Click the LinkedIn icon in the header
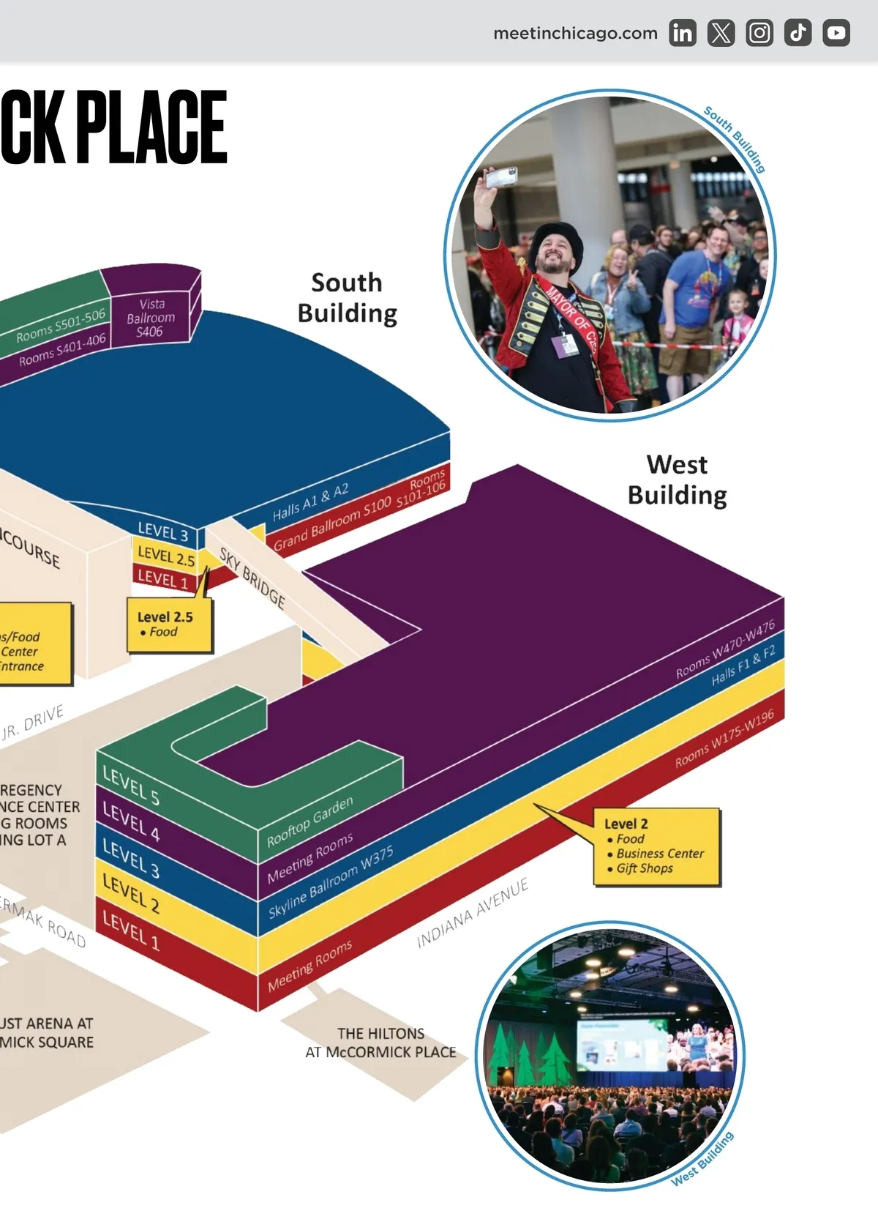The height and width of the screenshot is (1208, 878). [x=682, y=33]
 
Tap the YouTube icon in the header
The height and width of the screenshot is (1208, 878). [x=836, y=33]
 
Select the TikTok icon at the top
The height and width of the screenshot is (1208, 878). [x=798, y=33]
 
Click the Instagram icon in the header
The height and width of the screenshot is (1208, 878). [x=759, y=33]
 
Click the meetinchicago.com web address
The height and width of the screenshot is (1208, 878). [x=575, y=33]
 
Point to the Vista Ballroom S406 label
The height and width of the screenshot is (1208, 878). [x=151, y=318]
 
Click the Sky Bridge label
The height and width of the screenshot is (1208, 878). [x=252, y=578]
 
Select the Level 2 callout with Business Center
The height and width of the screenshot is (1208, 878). [x=656, y=846]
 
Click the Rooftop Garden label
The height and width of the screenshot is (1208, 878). [x=309, y=821]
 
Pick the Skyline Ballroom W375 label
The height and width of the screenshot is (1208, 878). [x=331, y=882]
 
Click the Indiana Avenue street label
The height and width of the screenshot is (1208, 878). [x=472, y=914]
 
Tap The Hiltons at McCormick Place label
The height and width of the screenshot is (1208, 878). [x=380, y=1043]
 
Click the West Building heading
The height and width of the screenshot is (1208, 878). [x=677, y=480]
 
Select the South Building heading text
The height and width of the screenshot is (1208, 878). [x=347, y=297]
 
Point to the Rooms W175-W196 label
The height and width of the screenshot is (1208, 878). [x=724, y=739]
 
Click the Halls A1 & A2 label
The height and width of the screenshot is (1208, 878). [x=310, y=502]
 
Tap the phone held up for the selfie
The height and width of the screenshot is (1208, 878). [x=502, y=176]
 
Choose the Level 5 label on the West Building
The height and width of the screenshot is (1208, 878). [x=131, y=786]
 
